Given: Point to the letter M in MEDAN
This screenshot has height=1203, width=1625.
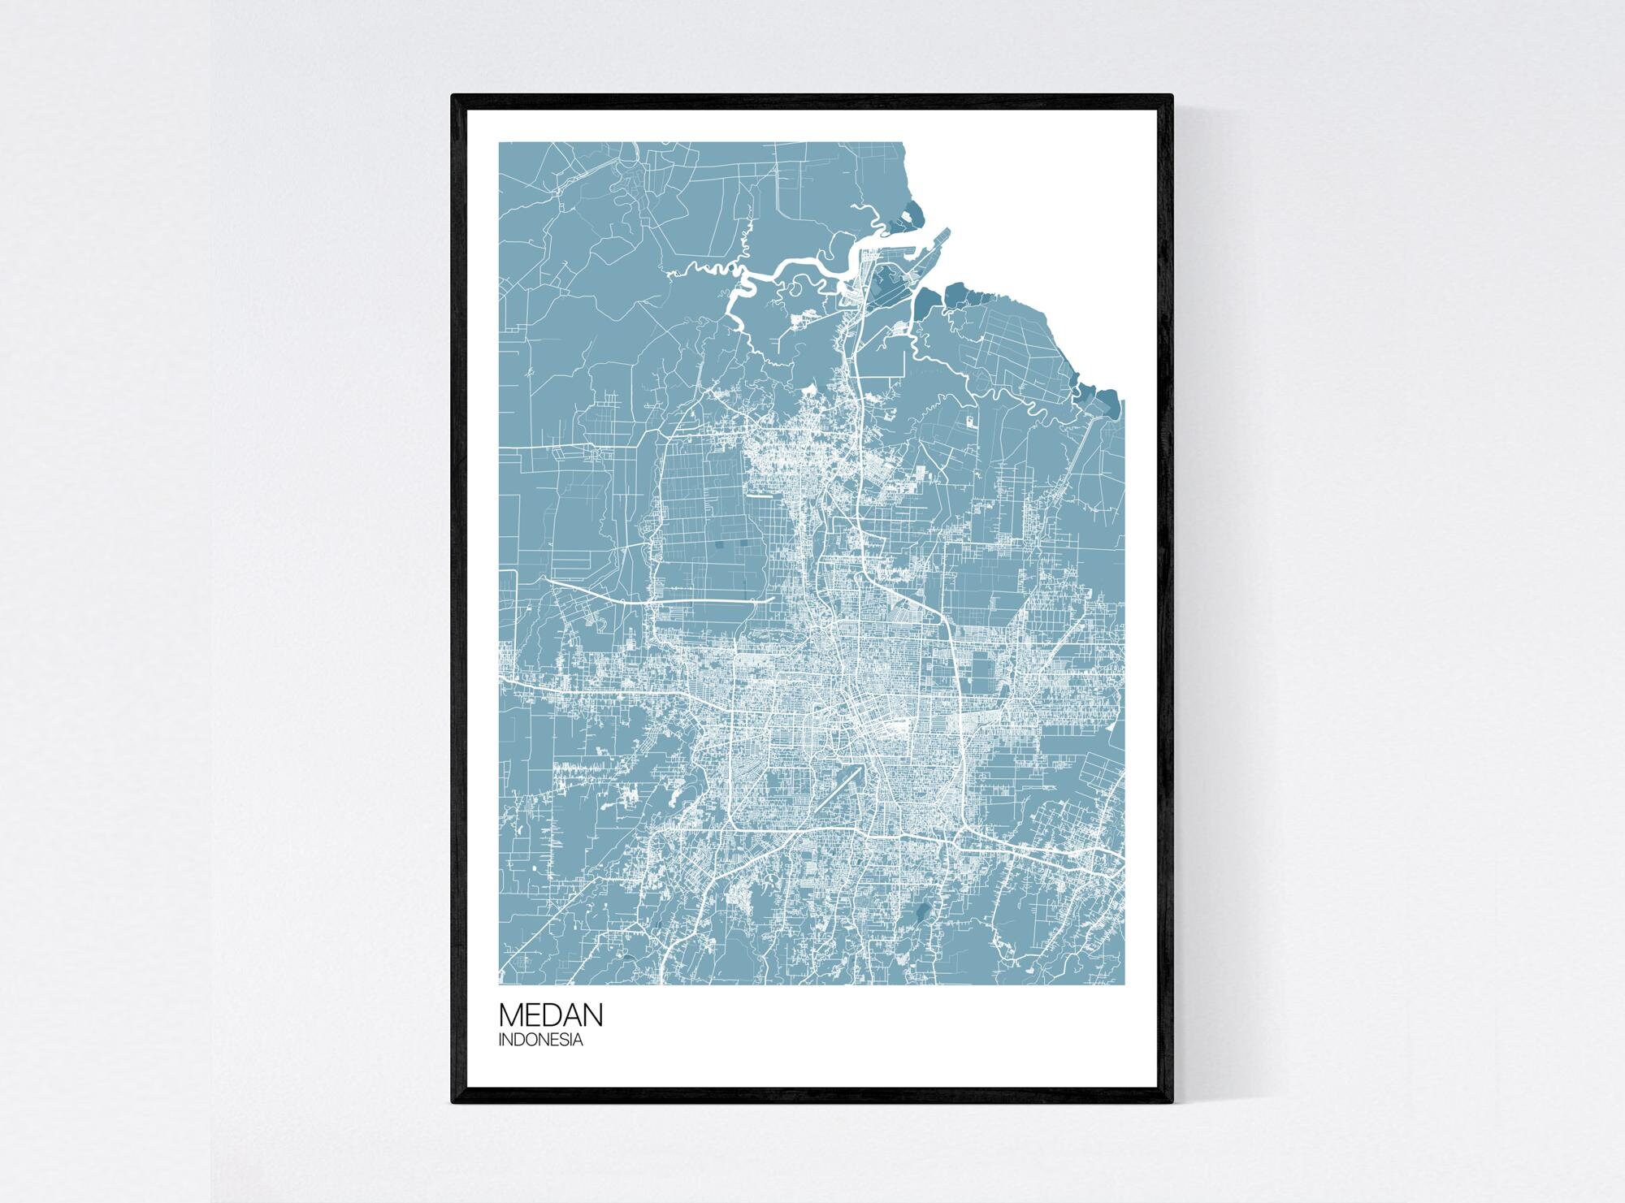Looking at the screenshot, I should [x=510, y=1015].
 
